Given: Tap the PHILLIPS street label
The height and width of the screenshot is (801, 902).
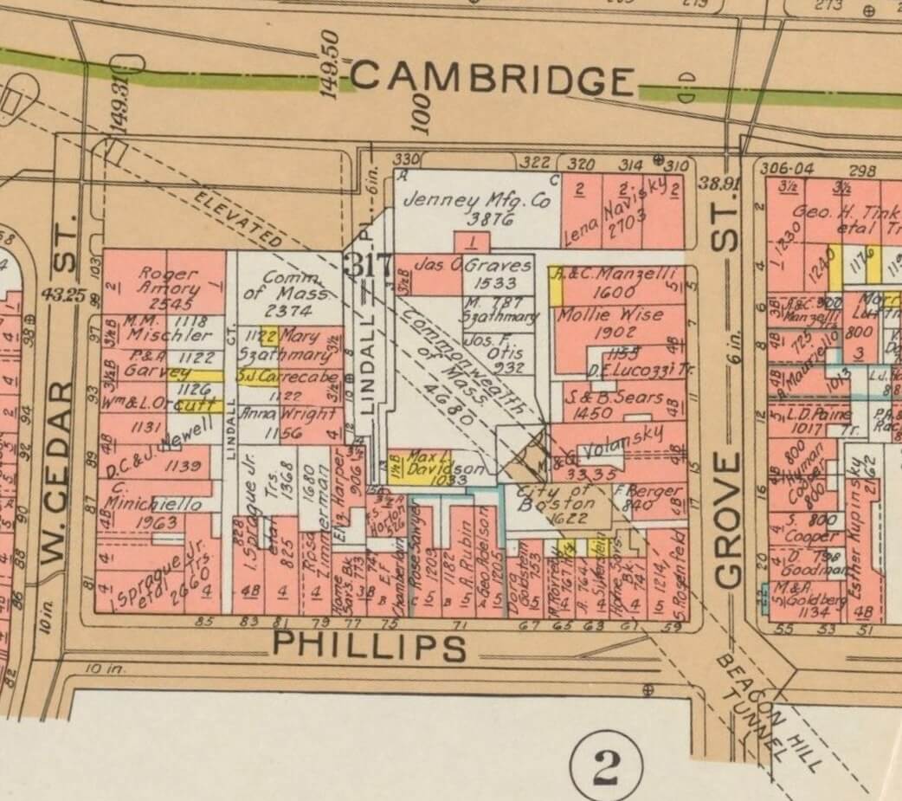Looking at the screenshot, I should coord(370,646).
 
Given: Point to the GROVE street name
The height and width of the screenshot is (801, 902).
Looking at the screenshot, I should coord(729,520).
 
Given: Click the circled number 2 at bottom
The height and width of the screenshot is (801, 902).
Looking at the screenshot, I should coord(607,765).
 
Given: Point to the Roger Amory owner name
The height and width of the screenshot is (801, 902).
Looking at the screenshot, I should coord(170,280).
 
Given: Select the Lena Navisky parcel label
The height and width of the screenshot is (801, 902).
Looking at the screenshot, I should coord(616,213).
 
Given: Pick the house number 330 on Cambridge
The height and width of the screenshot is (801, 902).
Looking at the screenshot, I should coord(405,160).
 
